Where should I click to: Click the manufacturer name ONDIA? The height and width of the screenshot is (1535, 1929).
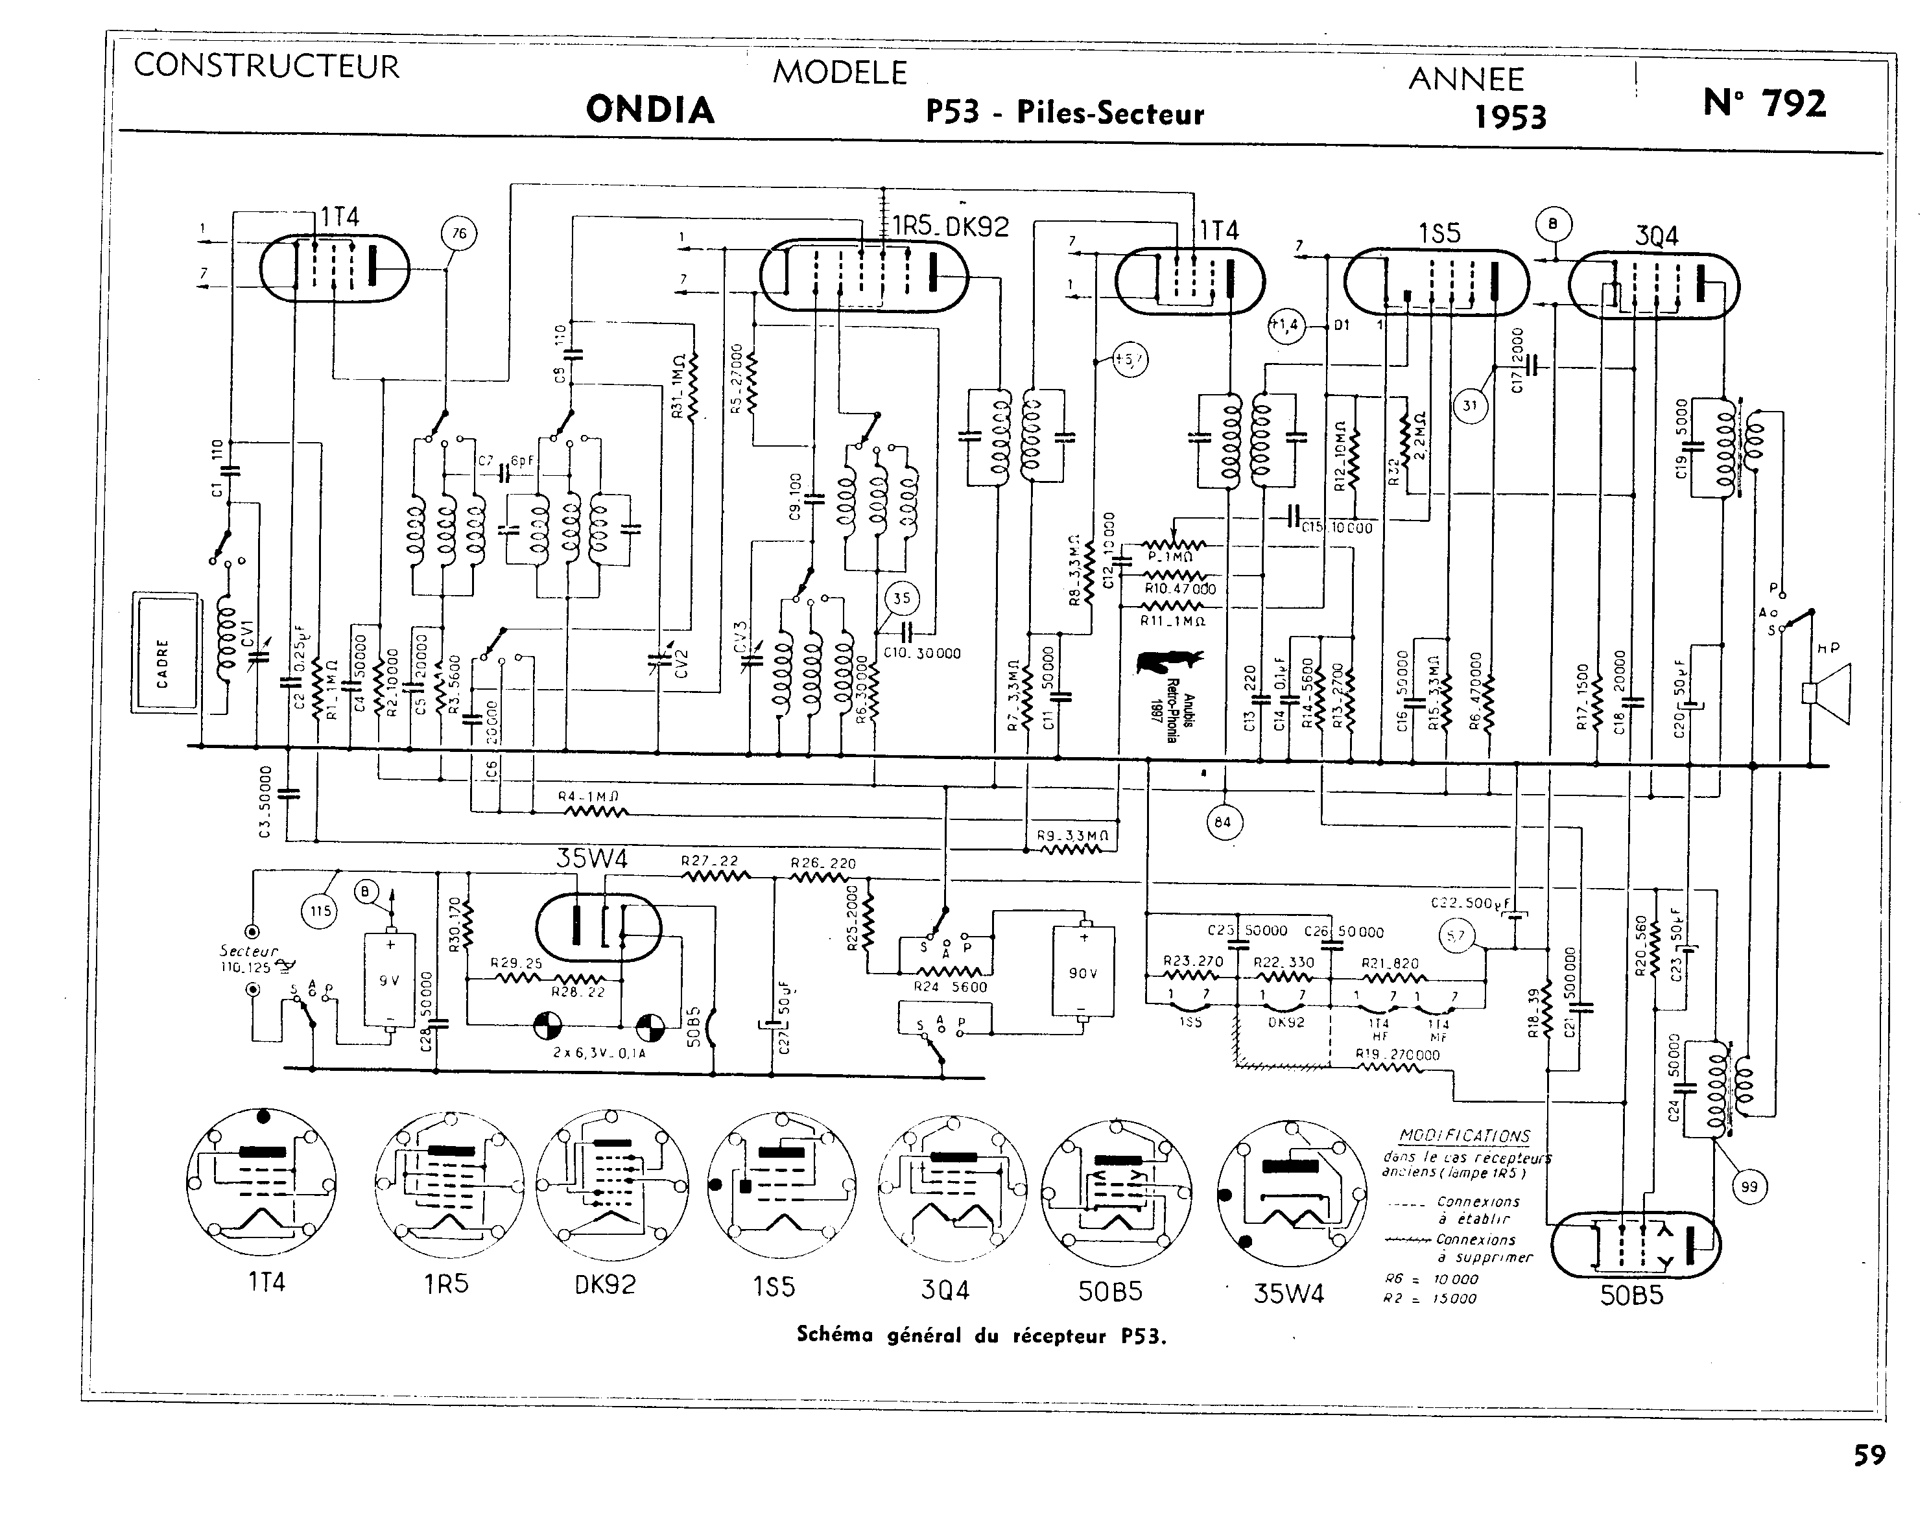(x=650, y=109)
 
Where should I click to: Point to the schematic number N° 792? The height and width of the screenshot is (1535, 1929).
(x=1764, y=104)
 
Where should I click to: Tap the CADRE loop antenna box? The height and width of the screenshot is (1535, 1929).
(x=165, y=651)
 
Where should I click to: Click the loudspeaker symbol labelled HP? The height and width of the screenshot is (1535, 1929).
(x=1825, y=693)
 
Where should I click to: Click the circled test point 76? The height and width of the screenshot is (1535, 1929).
(x=459, y=235)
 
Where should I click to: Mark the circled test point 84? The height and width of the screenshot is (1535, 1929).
(x=1223, y=821)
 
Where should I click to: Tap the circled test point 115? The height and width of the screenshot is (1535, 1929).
(x=320, y=911)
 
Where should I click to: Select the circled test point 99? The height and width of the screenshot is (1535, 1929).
(x=1750, y=1187)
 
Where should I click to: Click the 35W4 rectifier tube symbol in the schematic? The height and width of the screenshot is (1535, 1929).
(x=598, y=928)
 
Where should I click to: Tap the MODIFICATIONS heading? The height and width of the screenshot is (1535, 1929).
(x=1465, y=1135)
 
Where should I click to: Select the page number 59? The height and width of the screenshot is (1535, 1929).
(x=1869, y=1455)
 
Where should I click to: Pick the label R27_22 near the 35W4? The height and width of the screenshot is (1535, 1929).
(x=709, y=861)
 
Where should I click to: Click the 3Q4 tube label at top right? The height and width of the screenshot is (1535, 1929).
(x=1656, y=236)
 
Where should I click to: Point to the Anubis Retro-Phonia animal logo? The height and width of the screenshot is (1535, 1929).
(x=1169, y=662)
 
